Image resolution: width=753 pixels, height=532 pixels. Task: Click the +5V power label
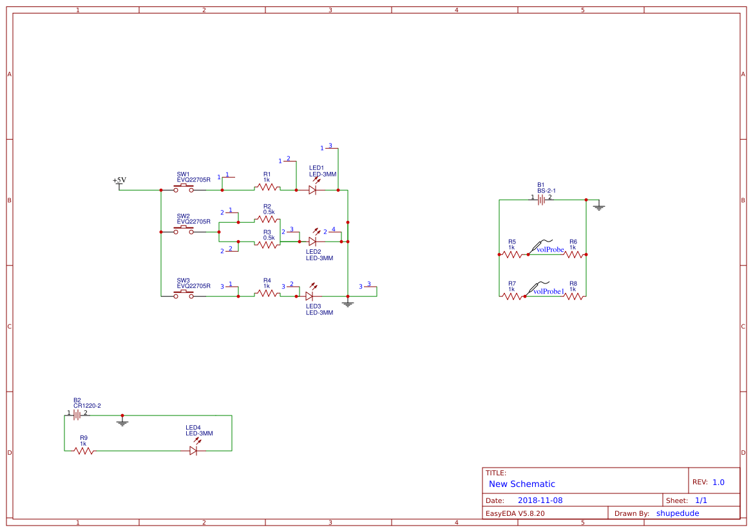[x=120, y=181]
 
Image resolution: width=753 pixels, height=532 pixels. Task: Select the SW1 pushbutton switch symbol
[x=184, y=188]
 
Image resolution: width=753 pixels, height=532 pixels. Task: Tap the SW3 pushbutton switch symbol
[x=184, y=294]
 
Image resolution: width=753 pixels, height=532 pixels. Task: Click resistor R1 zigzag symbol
[x=267, y=187]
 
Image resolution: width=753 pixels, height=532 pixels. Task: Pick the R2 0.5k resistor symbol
[x=267, y=220]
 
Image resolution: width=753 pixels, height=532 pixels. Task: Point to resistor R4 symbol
[x=267, y=293]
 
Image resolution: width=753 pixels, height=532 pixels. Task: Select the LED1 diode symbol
[x=312, y=190]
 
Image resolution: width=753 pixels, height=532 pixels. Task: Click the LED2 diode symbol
[x=312, y=241]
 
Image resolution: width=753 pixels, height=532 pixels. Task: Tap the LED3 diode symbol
[x=309, y=296]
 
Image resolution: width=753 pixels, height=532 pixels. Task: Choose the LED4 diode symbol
[x=193, y=451]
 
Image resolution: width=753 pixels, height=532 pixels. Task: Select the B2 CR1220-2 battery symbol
[x=77, y=415]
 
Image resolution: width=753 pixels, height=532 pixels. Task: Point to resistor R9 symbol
[x=84, y=451]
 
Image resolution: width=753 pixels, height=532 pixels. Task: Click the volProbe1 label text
[x=549, y=291]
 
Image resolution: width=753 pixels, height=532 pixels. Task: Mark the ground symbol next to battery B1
[x=599, y=207]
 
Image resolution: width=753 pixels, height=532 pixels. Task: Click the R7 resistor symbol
[x=512, y=296]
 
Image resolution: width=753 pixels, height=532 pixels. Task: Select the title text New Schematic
[x=522, y=484]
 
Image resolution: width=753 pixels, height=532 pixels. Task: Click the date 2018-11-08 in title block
[x=540, y=500]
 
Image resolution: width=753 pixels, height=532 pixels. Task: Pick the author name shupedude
[x=677, y=513]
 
